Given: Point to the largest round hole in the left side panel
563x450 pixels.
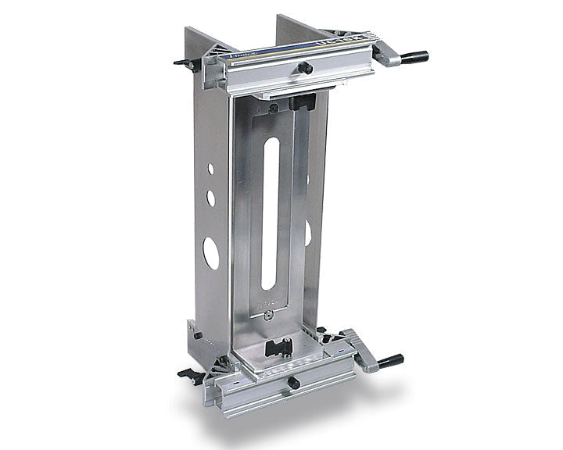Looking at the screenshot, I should pyautogui.click(x=211, y=253).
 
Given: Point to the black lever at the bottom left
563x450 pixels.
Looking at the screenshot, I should pyautogui.click(x=188, y=373).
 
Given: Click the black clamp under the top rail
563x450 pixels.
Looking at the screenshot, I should pyautogui.click(x=300, y=102).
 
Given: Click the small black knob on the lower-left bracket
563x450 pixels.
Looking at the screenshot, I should pyautogui.click(x=197, y=336).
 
